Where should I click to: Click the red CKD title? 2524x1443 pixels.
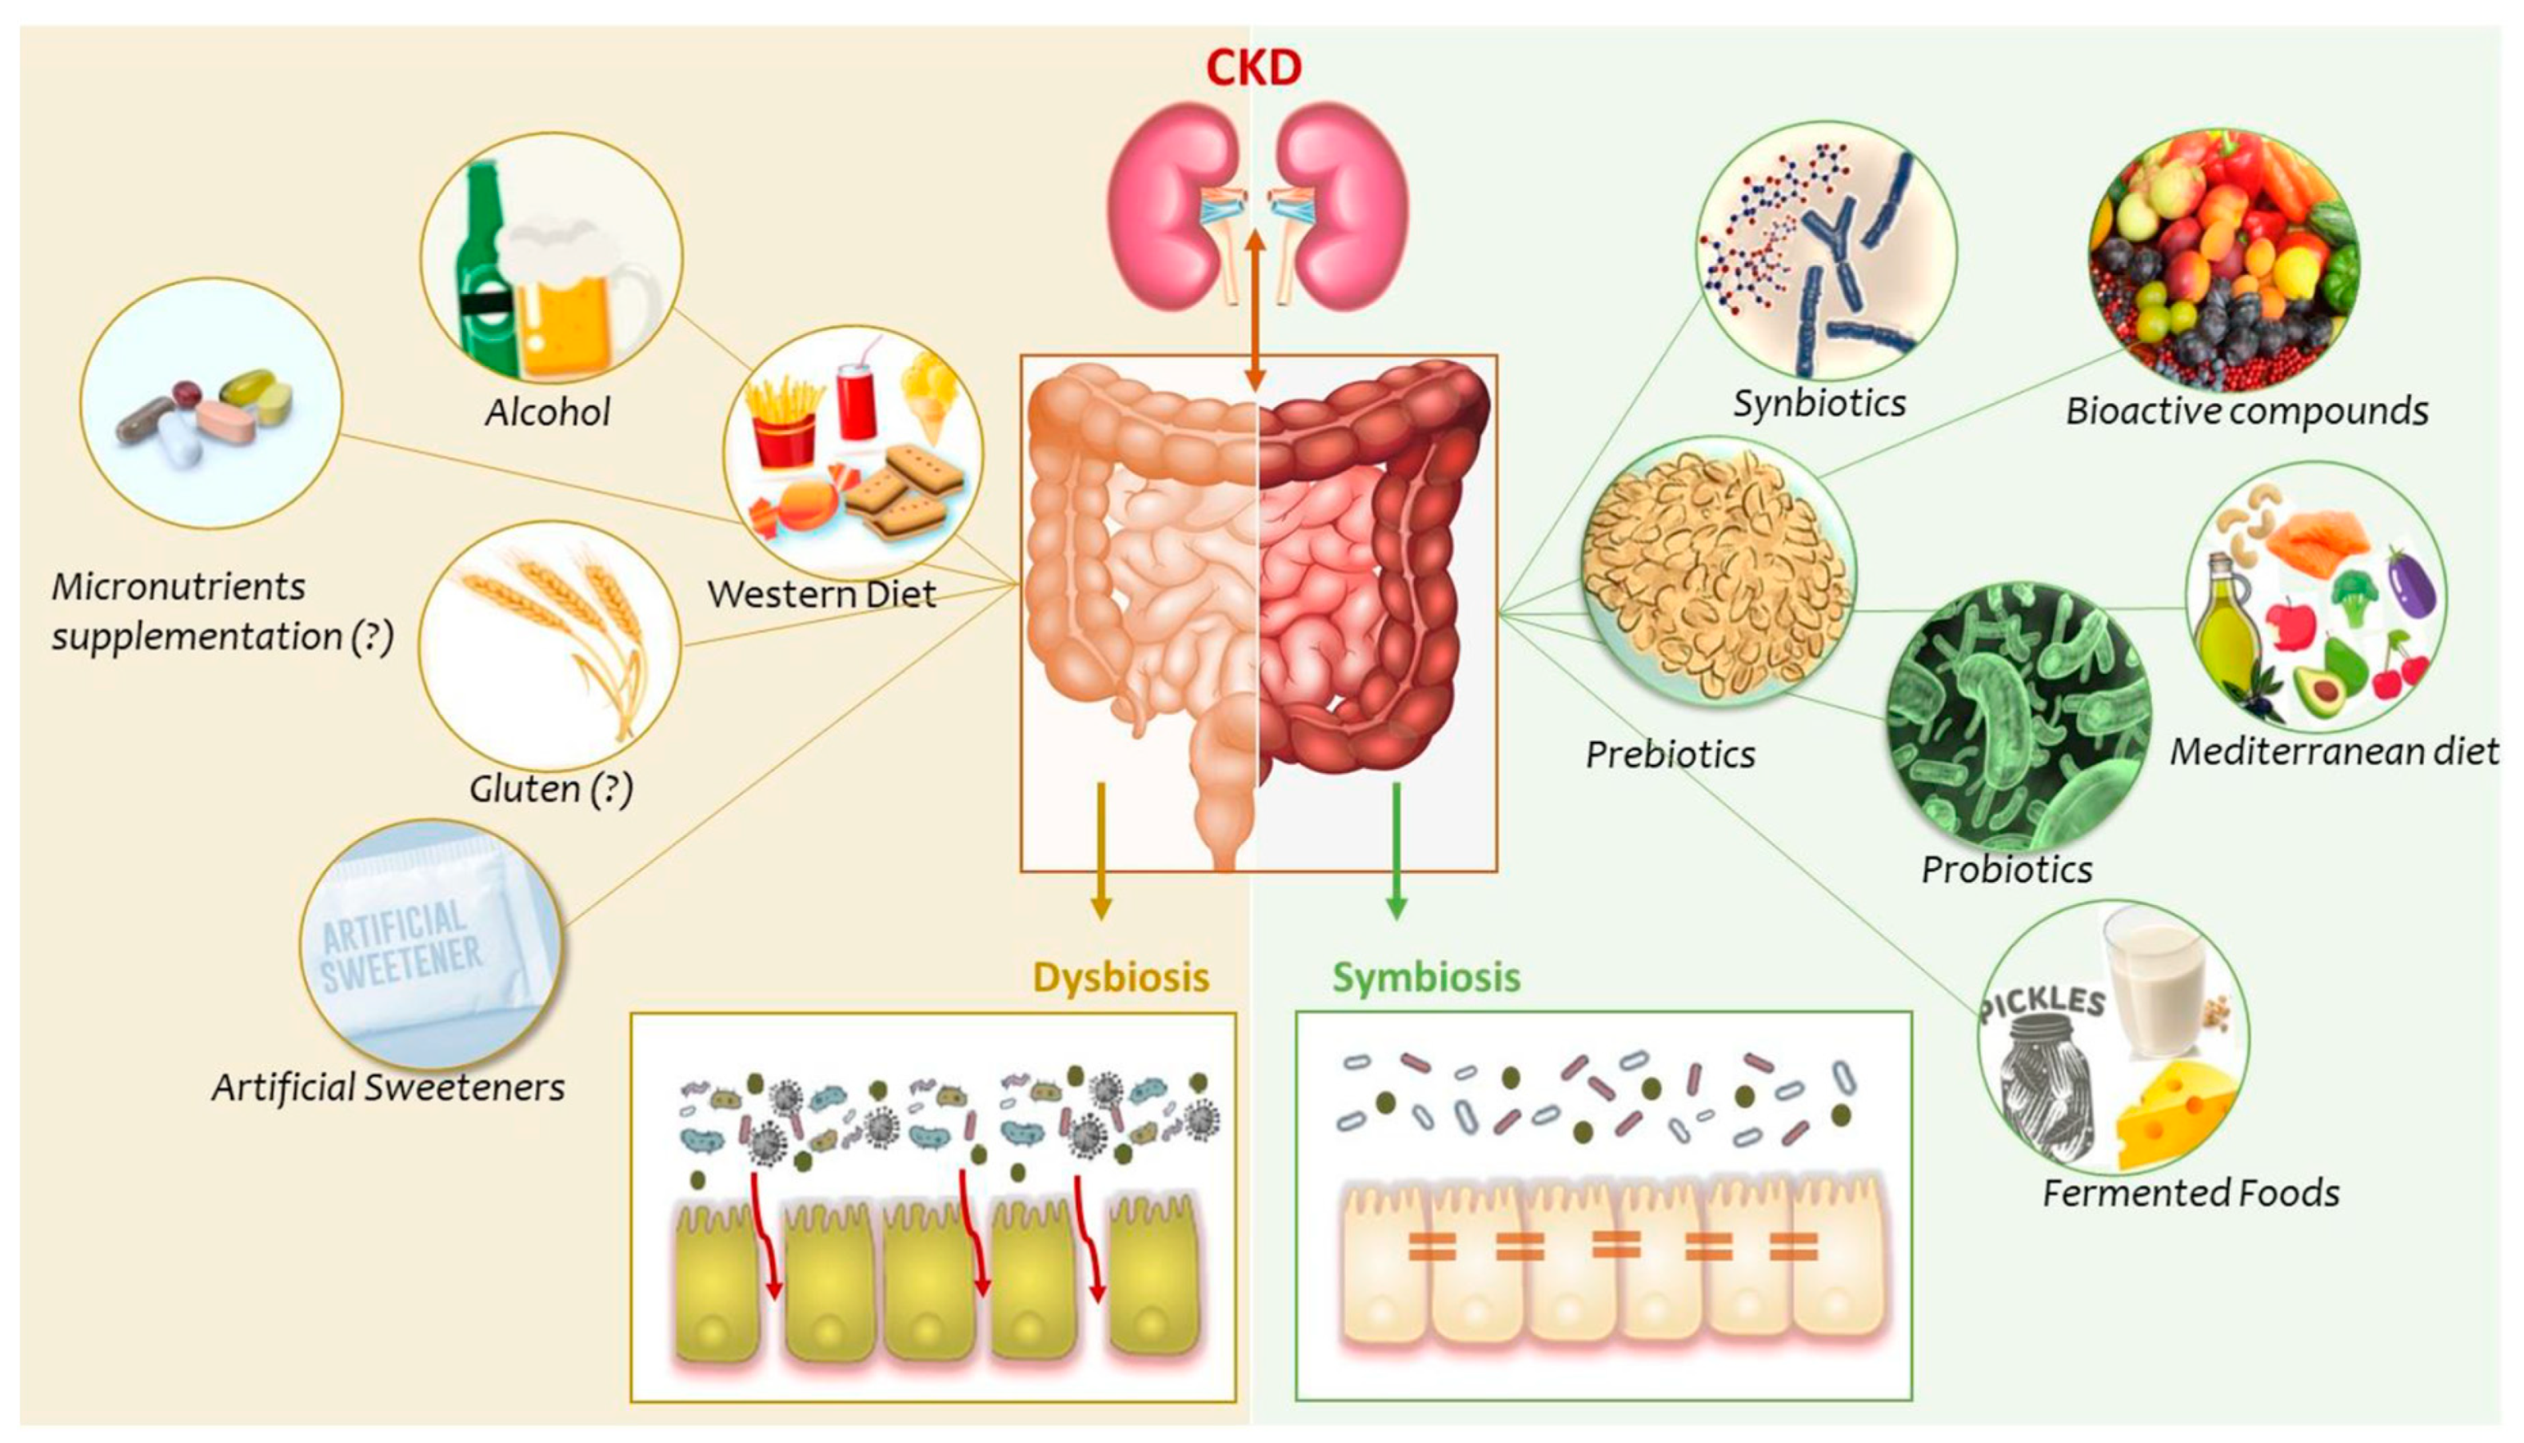[1253, 69]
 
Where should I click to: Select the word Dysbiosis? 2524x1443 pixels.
[1120, 977]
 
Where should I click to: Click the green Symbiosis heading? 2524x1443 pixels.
[1426, 977]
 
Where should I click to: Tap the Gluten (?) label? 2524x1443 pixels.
[551, 789]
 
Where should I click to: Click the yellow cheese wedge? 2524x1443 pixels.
[2176, 1115]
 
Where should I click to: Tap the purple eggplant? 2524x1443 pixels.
[2411, 584]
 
